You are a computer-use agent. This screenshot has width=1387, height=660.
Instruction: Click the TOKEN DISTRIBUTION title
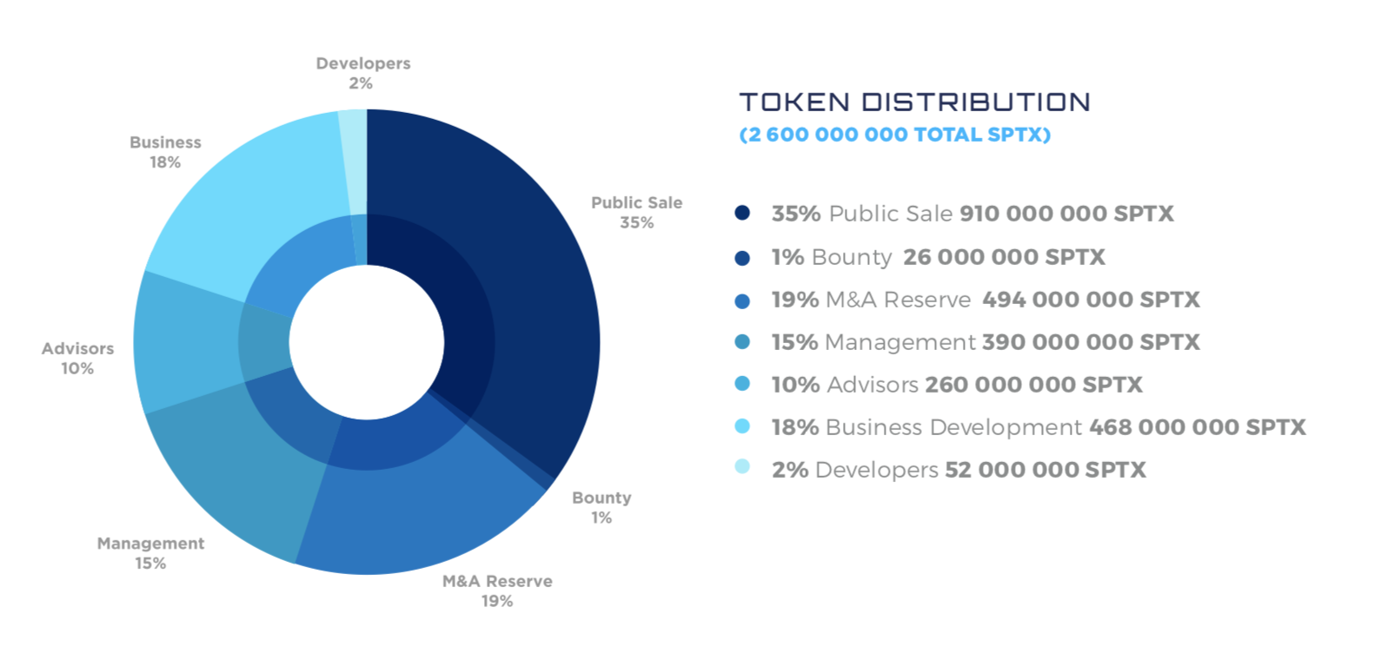tap(914, 102)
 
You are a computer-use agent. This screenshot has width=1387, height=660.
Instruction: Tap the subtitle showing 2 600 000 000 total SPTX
tap(894, 135)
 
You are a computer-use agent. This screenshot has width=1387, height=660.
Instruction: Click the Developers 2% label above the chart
tap(362, 73)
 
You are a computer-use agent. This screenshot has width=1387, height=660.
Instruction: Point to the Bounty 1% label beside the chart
tap(601, 507)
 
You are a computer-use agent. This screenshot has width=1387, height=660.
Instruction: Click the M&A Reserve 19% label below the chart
tap(497, 591)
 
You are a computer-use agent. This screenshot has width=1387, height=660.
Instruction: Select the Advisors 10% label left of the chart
tap(77, 358)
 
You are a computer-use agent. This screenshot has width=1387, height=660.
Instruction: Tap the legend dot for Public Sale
tap(742, 213)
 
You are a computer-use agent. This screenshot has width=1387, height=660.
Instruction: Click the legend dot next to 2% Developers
tap(742, 466)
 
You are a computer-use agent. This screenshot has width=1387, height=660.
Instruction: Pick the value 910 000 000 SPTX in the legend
tap(1066, 214)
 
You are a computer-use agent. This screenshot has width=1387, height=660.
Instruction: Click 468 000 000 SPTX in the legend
tap(1197, 427)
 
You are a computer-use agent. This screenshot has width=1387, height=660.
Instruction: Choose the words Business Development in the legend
tap(953, 427)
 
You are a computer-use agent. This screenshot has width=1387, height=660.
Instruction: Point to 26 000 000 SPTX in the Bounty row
tap(1004, 257)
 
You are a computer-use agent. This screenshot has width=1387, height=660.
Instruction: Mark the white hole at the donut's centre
tap(367, 342)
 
